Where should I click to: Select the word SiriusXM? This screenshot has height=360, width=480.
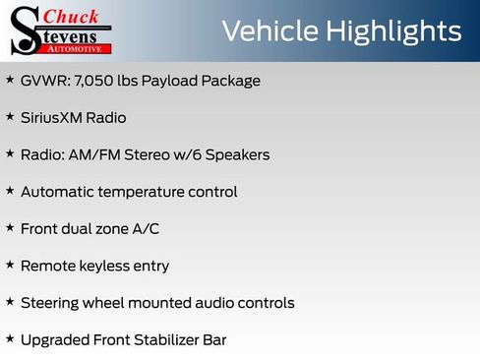pos(56,118)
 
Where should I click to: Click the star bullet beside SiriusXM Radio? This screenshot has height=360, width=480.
pos(10,117)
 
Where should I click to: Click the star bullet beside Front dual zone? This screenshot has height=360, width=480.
pos(10,228)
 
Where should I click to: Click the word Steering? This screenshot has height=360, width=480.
pos(51,303)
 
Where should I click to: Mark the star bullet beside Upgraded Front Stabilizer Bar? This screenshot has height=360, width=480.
pos(10,339)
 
